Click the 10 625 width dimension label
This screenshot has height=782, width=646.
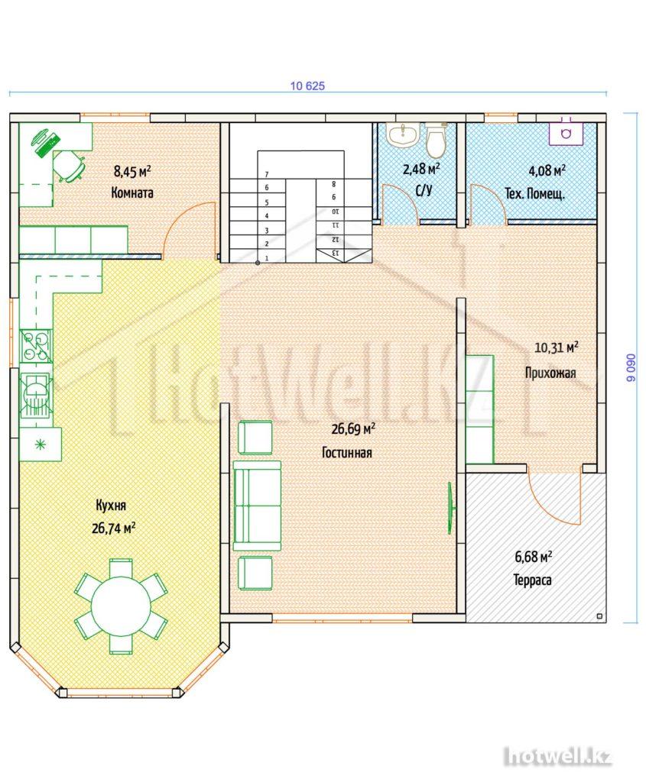click(x=307, y=86)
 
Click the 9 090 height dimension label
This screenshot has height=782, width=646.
click(x=631, y=368)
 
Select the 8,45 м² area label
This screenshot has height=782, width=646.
click(x=132, y=172)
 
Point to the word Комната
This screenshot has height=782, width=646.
click(x=132, y=192)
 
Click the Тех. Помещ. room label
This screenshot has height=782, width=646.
click(x=534, y=193)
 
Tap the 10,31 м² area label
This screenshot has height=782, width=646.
click(x=557, y=347)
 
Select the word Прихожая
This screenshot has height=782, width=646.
click(x=550, y=373)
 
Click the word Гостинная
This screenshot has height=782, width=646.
click(x=347, y=453)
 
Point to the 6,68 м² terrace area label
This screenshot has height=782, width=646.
click(x=533, y=556)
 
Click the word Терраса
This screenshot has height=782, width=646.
click(x=533, y=580)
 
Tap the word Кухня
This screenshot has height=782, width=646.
click(x=111, y=506)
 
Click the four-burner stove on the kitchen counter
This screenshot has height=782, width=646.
click(x=35, y=346)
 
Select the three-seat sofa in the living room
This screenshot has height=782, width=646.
click(x=257, y=506)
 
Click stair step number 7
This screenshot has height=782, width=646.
click(x=267, y=175)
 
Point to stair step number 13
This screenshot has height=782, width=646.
click(x=336, y=253)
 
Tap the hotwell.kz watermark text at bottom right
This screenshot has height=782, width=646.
click(x=557, y=757)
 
